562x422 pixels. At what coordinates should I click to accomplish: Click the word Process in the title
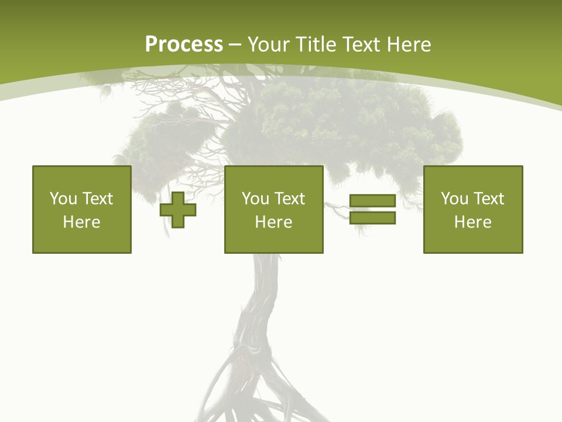pyautogui.click(x=184, y=45)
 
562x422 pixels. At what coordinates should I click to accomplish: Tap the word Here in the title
pyautogui.click(x=408, y=45)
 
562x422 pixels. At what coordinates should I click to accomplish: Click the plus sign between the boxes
pyautogui.click(x=178, y=210)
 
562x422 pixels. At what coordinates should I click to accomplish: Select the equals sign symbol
pyautogui.click(x=372, y=209)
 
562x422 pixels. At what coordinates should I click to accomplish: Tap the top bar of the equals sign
pyautogui.click(x=372, y=201)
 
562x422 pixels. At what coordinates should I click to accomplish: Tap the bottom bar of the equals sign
pyautogui.click(x=372, y=217)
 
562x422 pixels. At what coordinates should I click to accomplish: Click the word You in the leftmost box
pyautogui.click(x=63, y=198)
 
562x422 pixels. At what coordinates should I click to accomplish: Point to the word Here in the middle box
pyautogui.click(x=273, y=222)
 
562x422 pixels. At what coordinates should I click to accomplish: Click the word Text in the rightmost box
pyautogui.click(x=489, y=198)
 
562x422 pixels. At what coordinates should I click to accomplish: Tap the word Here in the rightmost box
pyautogui.click(x=472, y=222)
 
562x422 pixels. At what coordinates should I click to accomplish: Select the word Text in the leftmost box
pyautogui.click(x=98, y=198)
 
